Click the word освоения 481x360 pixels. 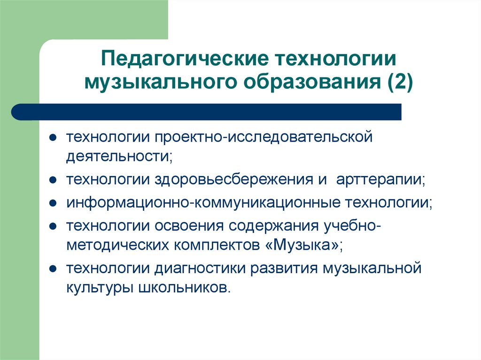(x=189, y=225)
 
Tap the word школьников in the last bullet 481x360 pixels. (x=185, y=287)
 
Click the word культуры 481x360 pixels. (x=99, y=287)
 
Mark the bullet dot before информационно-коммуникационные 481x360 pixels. (x=54, y=203)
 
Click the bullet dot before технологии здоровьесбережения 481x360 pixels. (x=54, y=180)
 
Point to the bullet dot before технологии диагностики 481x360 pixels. (x=54, y=269)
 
